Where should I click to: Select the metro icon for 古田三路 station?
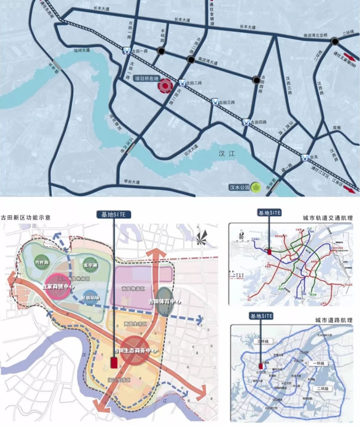pyautogui.click(x=215, y=102)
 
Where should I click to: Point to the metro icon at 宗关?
pyautogui.click(x=305, y=157)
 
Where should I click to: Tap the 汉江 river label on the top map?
pyautogui.click(x=225, y=154)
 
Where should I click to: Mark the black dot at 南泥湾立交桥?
pyautogui.click(x=335, y=41)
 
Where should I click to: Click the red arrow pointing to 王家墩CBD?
pyautogui.click(x=349, y=57)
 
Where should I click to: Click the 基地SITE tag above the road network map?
pyautogui.click(x=260, y=316)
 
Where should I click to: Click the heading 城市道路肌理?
pyautogui.click(x=334, y=320)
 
